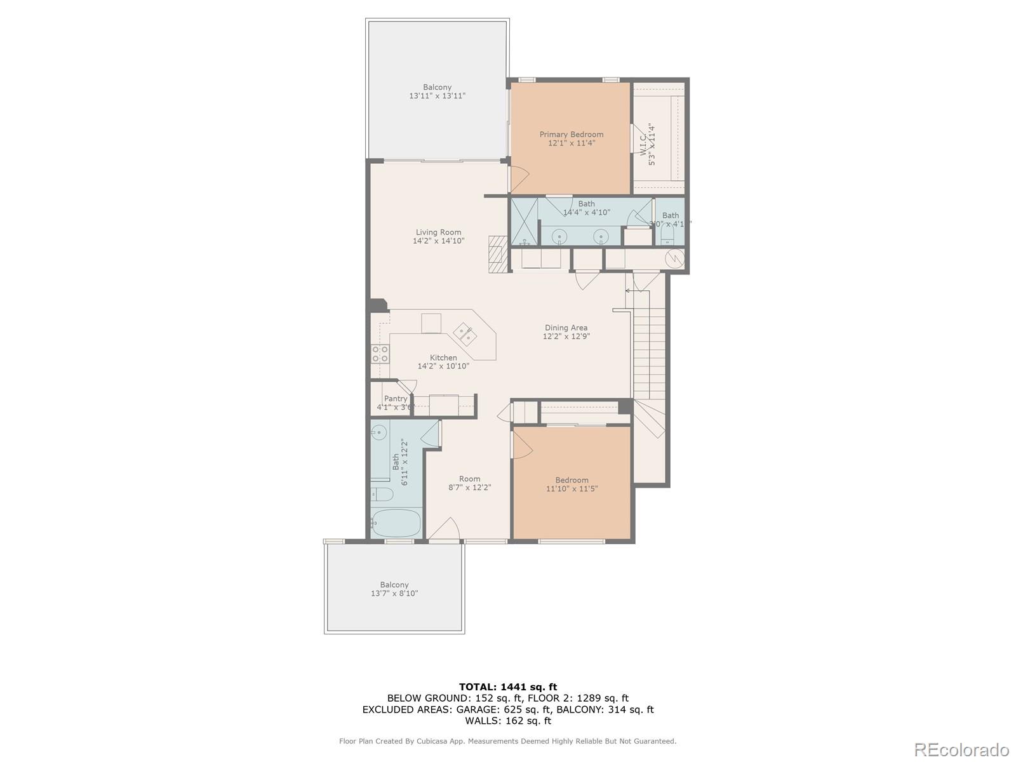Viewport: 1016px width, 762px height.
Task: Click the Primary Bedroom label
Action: [571, 135]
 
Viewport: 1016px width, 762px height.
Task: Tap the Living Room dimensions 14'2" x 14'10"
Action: [438, 241]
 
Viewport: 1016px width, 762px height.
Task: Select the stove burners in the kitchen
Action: [380, 354]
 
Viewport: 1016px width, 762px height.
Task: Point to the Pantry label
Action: [395, 399]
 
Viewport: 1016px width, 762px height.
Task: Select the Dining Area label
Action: [566, 328]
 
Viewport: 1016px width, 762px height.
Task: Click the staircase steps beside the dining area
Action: [648, 343]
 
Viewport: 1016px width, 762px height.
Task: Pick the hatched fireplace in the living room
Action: [498, 254]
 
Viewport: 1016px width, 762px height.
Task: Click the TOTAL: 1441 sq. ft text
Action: [507, 686]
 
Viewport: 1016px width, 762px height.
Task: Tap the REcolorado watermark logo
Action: [963, 749]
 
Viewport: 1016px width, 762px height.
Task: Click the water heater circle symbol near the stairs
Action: [674, 258]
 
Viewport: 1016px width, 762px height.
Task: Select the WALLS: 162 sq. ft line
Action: [507, 721]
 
